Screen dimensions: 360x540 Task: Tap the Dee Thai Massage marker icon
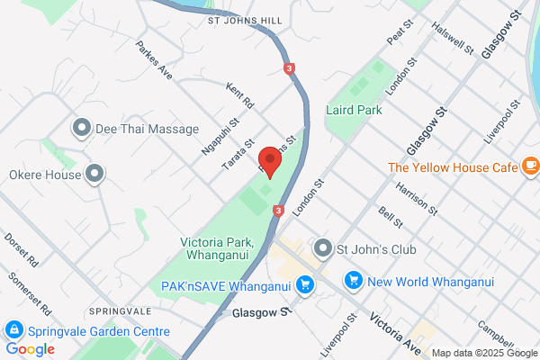[83, 128]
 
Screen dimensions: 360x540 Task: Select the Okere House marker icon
[94, 175]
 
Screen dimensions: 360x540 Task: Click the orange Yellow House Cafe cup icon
[530, 166]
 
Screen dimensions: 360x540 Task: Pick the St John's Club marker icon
[321, 247]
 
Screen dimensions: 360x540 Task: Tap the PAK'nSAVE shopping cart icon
[305, 284]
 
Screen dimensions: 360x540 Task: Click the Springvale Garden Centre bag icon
[13, 329]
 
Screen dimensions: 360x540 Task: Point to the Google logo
[30, 349]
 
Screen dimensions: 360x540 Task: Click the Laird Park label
[354, 110]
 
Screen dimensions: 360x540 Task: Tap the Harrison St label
[416, 196]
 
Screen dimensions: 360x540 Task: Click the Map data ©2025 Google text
[483, 353]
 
